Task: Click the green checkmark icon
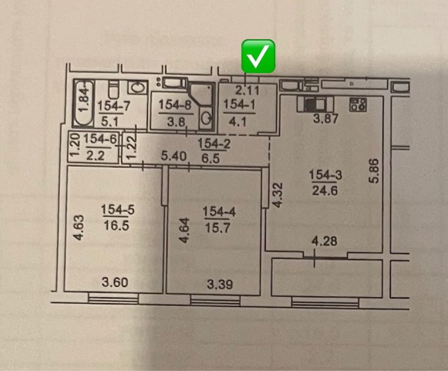(258, 56)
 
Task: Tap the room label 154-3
(323, 174)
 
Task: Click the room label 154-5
(118, 210)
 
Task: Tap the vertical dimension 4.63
(77, 227)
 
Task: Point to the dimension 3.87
(325, 119)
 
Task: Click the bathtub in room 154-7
(83, 103)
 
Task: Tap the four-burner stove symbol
(359, 104)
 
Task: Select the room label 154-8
(173, 105)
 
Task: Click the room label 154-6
(97, 139)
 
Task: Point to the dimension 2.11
(247, 90)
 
